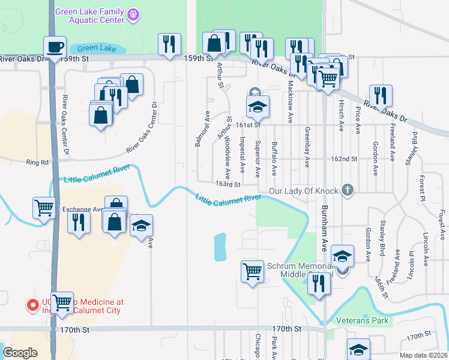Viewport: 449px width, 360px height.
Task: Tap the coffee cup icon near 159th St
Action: (x=55, y=47)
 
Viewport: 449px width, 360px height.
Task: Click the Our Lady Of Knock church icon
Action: (x=346, y=191)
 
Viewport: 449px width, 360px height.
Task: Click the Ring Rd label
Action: (x=37, y=162)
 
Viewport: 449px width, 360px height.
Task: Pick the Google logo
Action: (x=20, y=352)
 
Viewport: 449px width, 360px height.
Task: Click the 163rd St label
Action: (x=228, y=185)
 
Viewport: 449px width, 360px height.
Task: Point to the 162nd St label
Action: (x=344, y=160)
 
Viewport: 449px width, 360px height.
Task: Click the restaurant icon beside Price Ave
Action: (x=380, y=95)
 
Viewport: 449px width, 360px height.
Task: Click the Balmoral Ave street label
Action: (x=207, y=128)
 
